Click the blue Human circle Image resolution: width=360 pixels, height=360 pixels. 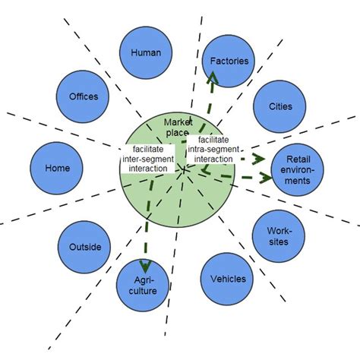(x=146, y=52)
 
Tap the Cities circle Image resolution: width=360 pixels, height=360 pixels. (x=279, y=107)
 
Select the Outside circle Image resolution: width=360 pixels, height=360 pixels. (x=84, y=247)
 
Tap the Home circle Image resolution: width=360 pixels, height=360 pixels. (x=57, y=169)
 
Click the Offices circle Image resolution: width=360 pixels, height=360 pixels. (x=84, y=97)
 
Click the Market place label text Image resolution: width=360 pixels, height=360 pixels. (x=179, y=128)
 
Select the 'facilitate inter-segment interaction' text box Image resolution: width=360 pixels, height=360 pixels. (x=147, y=159)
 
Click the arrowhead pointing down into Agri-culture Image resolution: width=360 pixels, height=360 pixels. (x=142, y=263)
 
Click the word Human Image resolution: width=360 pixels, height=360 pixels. (x=146, y=52)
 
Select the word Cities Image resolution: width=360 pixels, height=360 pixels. (x=279, y=107)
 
